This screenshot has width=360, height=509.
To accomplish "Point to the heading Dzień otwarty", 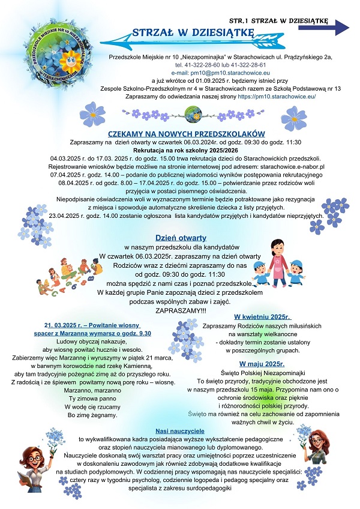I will [x=173, y=237].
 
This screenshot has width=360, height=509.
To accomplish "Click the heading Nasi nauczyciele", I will [x=180, y=431].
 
